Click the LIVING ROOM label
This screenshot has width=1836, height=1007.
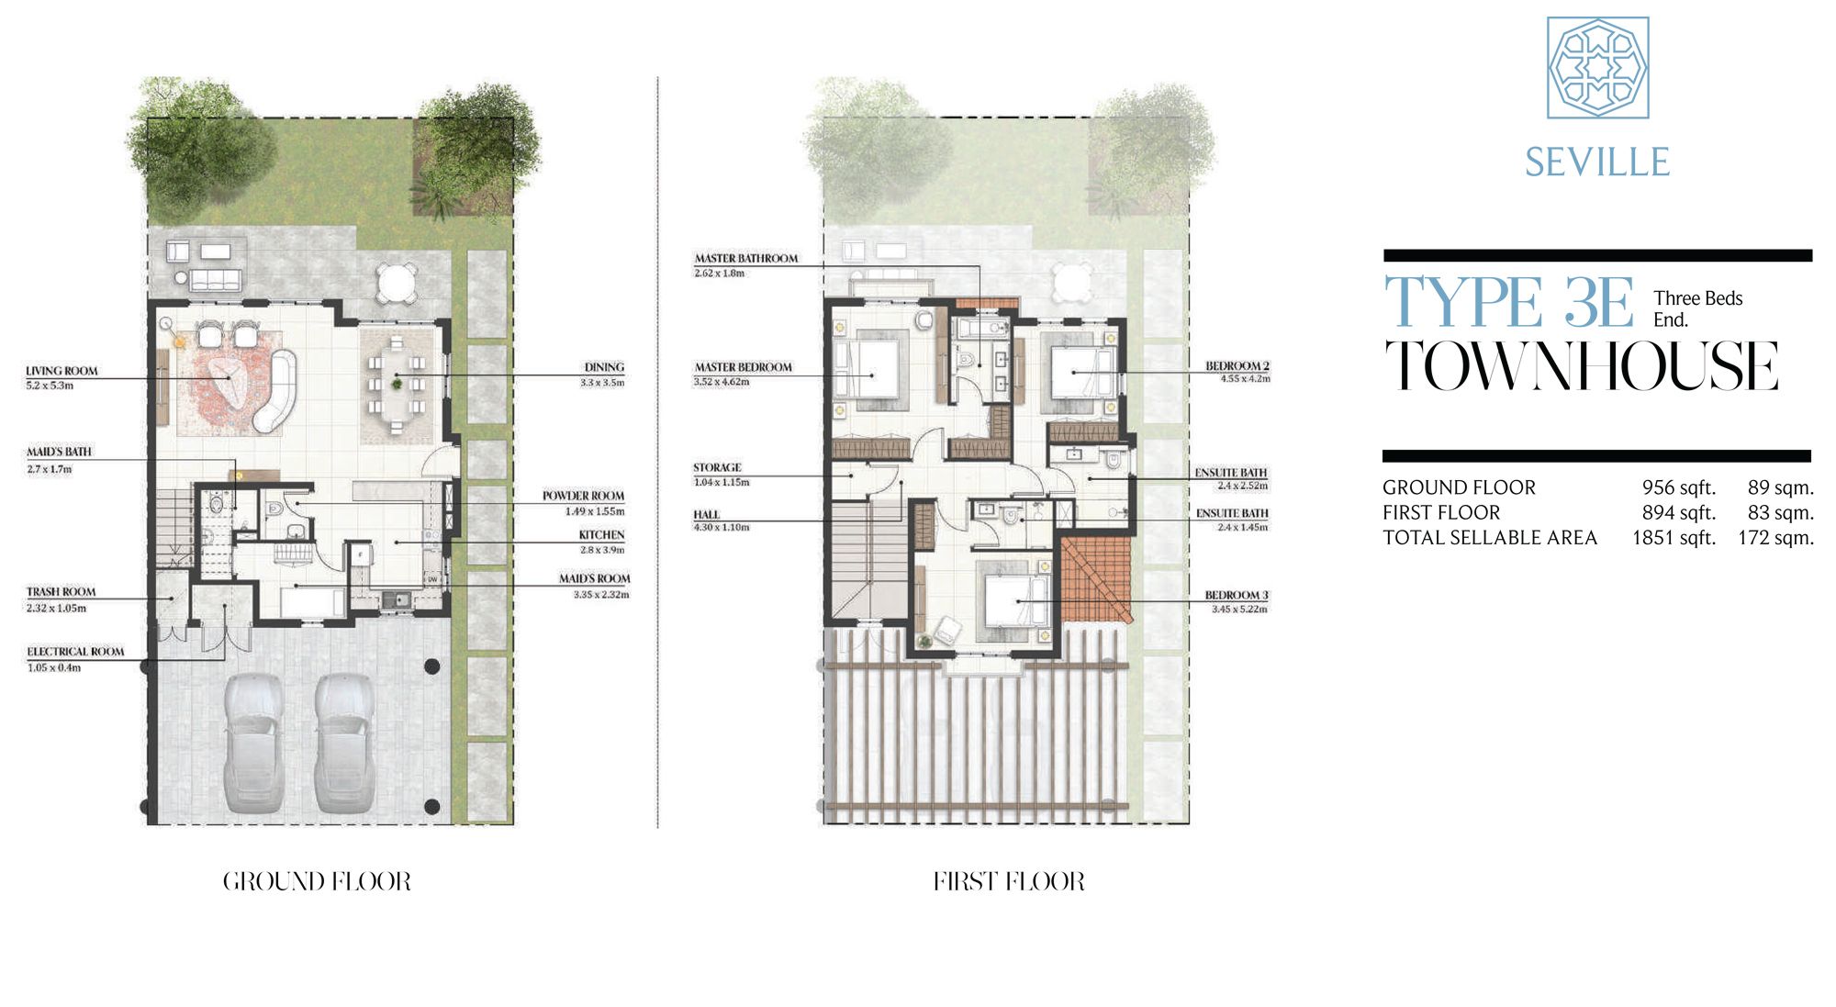coord(62,371)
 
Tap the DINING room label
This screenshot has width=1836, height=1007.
coord(604,367)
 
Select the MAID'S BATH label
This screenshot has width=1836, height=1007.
coord(59,452)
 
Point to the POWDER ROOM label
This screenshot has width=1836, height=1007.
coord(583,496)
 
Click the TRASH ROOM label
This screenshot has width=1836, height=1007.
coord(61,592)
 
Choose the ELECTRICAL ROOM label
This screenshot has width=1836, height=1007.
coord(75,652)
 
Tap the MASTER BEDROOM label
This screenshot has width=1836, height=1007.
coord(743,367)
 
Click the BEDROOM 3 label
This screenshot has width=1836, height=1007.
coord(1237,595)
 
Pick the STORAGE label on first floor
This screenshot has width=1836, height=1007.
coord(717,467)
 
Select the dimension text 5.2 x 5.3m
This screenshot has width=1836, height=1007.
coord(50,386)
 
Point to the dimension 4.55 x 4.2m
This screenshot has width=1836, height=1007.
coord(1245,379)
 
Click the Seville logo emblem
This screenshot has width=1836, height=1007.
coord(1597,67)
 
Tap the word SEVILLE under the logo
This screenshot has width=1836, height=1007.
coord(1597,162)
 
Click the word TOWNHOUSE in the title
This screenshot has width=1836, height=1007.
coord(1581,365)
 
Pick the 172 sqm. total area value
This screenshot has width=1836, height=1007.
coord(1775,538)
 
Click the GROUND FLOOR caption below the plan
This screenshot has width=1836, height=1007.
coord(317,881)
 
